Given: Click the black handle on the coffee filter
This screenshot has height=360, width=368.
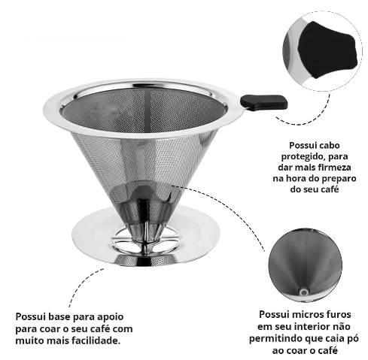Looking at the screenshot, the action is pos(263,102).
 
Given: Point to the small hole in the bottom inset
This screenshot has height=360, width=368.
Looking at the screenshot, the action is pos(304,292).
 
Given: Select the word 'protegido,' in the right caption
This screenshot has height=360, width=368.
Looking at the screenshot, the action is pos(300,157).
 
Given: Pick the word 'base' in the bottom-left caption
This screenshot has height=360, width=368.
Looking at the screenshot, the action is pos(59,316).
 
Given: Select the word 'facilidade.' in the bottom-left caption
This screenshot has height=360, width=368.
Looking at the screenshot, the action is pos(96,340).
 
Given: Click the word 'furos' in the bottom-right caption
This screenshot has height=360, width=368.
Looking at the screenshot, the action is pos(338,314).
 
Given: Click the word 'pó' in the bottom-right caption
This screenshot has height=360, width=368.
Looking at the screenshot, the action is pos(354,339).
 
